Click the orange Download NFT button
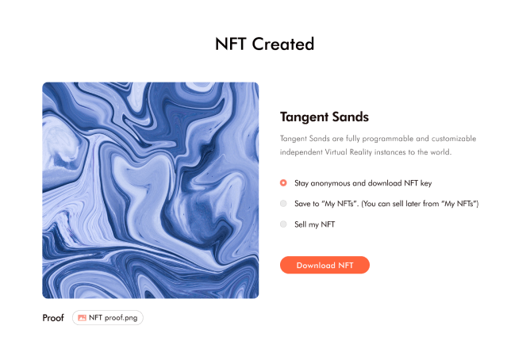tap(325, 265)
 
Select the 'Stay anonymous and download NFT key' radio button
tap(283, 183)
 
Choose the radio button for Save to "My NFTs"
tap(283, 203)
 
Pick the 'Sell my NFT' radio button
tap(283, 224)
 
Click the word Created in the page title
tap(283, 44)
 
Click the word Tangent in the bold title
tap(304, 117)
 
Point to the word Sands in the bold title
tap(351, 117)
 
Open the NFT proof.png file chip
tap(107, 318)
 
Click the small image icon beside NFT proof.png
tap(82, 318)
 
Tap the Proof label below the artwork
tap(53, 318)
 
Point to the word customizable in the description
tap(454, 139)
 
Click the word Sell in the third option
tap(300, 224)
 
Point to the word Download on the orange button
tap(316, 266)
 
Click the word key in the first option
tap(426, 183)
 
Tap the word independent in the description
tap(301, 152)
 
